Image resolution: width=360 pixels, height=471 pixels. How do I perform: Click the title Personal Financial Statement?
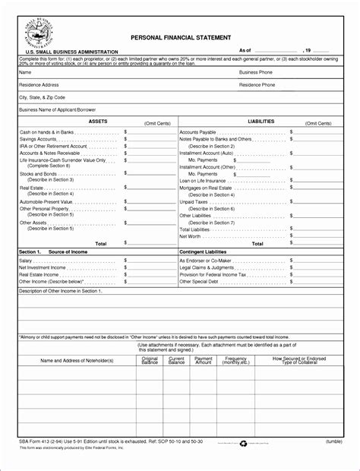(x=181, y=36)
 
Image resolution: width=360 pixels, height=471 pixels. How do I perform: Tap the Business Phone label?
(x=257, y=72)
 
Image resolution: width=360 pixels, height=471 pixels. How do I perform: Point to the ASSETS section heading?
(x=98, y=121)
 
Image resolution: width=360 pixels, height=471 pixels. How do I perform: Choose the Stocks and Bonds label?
(x=37, y=174)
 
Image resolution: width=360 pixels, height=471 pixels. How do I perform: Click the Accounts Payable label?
(x=200, y=132)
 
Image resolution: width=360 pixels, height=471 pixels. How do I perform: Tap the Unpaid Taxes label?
(x=194, y=201)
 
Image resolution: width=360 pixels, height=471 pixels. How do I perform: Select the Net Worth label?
(x=191, y=236)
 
